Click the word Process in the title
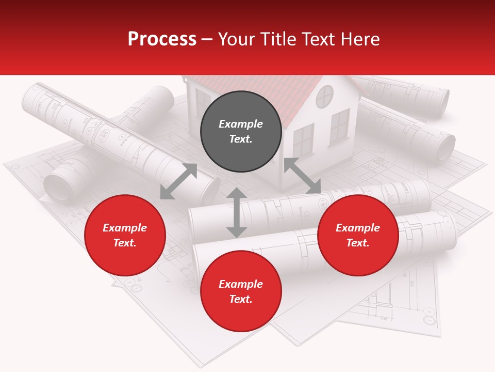point(162,39)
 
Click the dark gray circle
point(241,131)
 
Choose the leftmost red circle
point(125,235)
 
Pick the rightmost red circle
point(358,235)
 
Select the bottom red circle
point(241,291)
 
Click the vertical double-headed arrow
point(237,212)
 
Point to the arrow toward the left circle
point(178,181)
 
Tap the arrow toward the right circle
point(302,176)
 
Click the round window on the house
point(325,97)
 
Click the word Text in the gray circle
point(241,139)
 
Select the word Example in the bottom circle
point(241,284)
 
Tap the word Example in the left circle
point(125,228)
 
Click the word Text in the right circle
point(358,243)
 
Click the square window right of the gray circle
point(303,139)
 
